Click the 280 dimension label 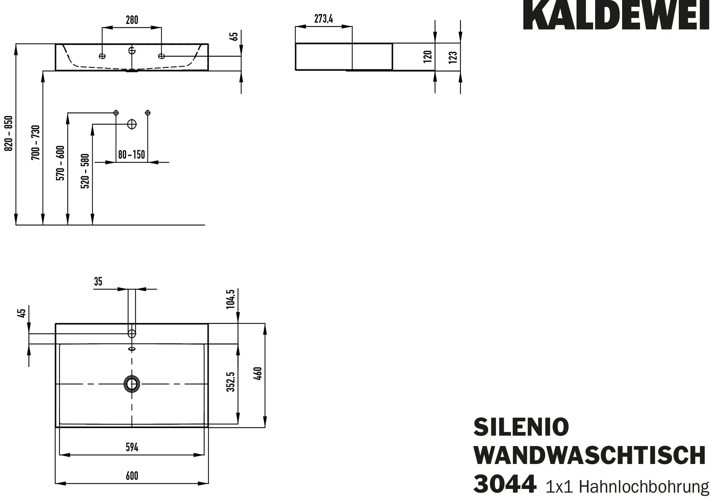[132, 20]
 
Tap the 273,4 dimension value [324, 19]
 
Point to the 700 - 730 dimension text [36, 142]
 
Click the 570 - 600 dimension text [61, 163]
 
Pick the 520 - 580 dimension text [85, 171]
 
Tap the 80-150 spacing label [132, 155]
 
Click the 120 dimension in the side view [427, 57]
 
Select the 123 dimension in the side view [453, 57]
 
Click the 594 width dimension [132, 447]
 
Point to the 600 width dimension [132, 476]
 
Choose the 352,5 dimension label [231, 382]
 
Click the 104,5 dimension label [231, 299]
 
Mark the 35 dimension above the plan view [98, 282]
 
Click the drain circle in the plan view [132, 384]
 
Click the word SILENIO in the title [521, 427]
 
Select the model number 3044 [505, 484]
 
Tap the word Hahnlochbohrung [644, 487]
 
